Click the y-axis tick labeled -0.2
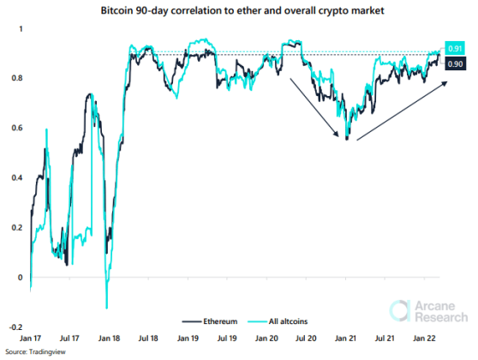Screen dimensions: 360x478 click(15, 327)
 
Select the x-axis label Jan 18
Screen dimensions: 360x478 click(108, 340)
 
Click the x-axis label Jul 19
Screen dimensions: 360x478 click(227, 340)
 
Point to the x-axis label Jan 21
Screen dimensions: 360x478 click(346, 340)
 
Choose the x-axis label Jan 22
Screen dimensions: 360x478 click(425, 340)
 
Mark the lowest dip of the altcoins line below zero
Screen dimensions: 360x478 click(106, 307)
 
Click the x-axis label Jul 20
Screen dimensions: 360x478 click(306, 340)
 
